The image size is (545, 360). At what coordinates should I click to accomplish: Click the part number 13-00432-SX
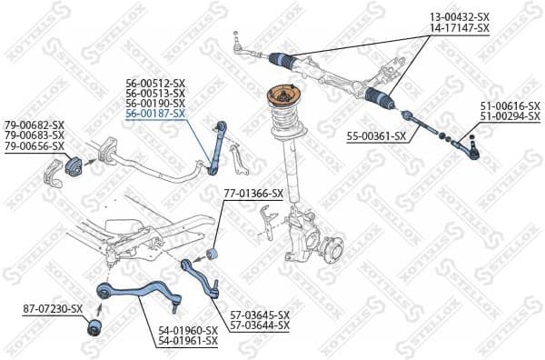(460, 17)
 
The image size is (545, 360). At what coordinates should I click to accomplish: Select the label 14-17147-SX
(460, 28)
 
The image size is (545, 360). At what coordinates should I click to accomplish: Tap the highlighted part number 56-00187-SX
(155, 115)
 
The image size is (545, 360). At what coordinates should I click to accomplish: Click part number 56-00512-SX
(155, 82)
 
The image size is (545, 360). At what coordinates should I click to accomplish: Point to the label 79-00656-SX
(35, 145)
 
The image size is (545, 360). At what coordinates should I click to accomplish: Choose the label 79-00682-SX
(35, 124)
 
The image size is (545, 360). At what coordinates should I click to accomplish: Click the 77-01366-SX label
(253, 194)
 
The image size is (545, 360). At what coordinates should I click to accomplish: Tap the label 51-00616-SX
(510, 106)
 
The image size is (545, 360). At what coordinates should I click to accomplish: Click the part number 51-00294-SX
(510, 117)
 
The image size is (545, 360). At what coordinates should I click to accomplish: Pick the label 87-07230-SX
(53, 309)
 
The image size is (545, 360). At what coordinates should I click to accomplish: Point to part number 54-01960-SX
(187, 330)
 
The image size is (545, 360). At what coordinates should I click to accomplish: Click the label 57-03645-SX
(259, 314)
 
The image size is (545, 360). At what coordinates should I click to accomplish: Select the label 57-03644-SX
(259, 325)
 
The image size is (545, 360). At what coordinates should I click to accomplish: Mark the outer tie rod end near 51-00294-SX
(466, 143)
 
